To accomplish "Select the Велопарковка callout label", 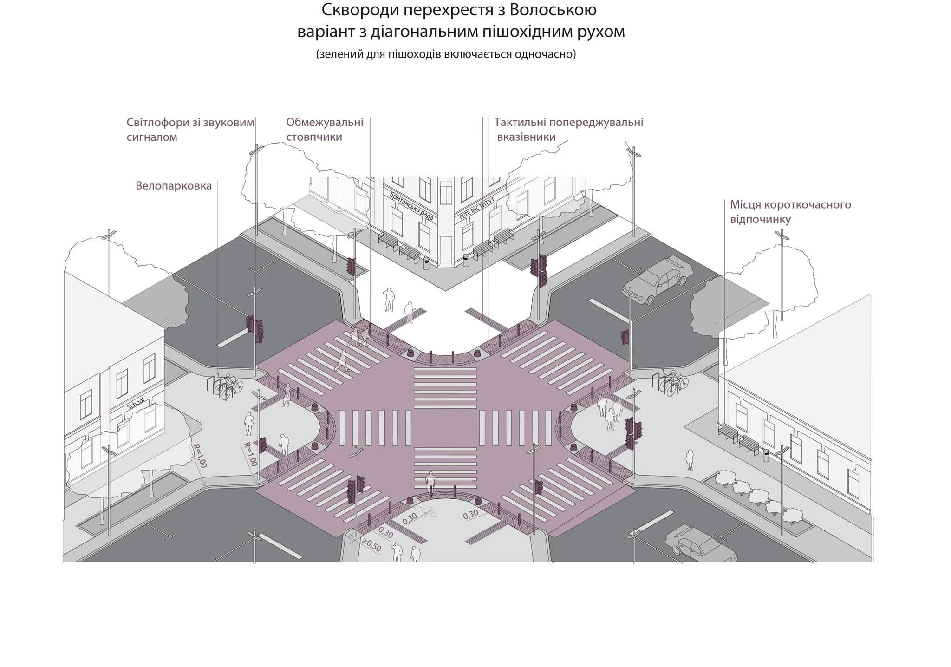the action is [x=174, y=186].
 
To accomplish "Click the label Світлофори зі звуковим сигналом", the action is [x=190, y=130].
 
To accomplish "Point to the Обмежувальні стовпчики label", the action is [x=325, y=130].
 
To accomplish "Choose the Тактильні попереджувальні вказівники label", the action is [x=568, y=130].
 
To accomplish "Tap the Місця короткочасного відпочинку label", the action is [x=790, y=212].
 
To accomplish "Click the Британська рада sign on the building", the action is [x=412, y=206].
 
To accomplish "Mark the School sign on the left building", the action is [x=136, y=403].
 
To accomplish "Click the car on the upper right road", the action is [x=657, y=280].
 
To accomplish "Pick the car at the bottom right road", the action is [x=701, y=545].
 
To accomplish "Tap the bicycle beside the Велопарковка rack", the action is [x=228, y=387].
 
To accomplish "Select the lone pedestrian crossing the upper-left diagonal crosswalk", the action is [x=342, y=361].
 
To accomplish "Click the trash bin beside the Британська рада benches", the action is [x=426, y=263].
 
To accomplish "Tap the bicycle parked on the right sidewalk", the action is [x=673, y=383].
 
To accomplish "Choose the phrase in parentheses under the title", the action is [x=446, y=55].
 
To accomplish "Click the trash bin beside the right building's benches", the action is [x=766, y=455].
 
